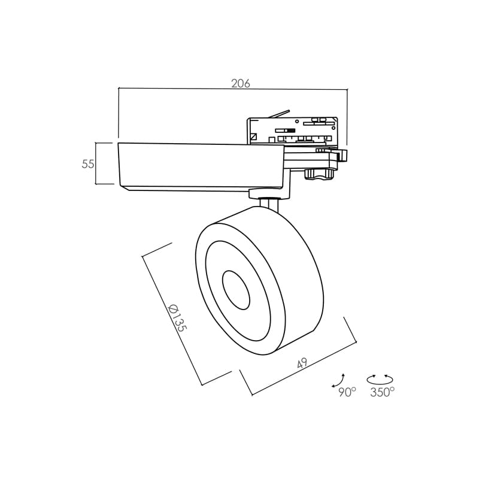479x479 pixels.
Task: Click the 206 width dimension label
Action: pyautogui.click(x=241, y=83)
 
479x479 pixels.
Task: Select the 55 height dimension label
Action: pyautogui.click(x=88, y=164)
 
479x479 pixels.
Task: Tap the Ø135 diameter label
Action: pyautogui.click(x=177, y=318)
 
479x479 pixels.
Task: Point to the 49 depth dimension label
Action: pyautogui.click(x=302, y=363)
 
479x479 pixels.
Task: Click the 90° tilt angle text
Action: pyautogui.click(x=347, y=392)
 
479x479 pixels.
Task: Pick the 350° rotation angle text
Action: pyautogui.click(x=382, y=392)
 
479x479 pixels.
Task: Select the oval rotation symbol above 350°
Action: pyautogui.click(x=380, y=380)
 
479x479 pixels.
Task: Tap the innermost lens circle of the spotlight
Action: pyautogui.click(x=236, y=290)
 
